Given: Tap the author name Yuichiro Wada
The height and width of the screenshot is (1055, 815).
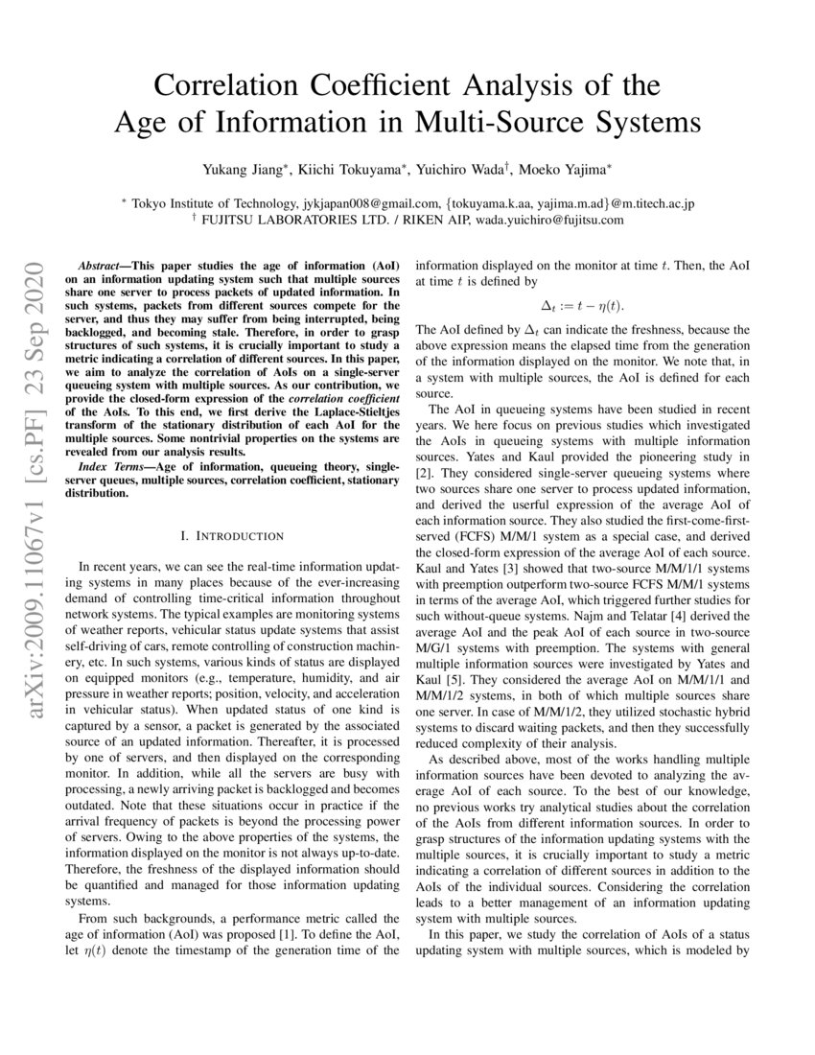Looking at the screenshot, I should tap(464, 170).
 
